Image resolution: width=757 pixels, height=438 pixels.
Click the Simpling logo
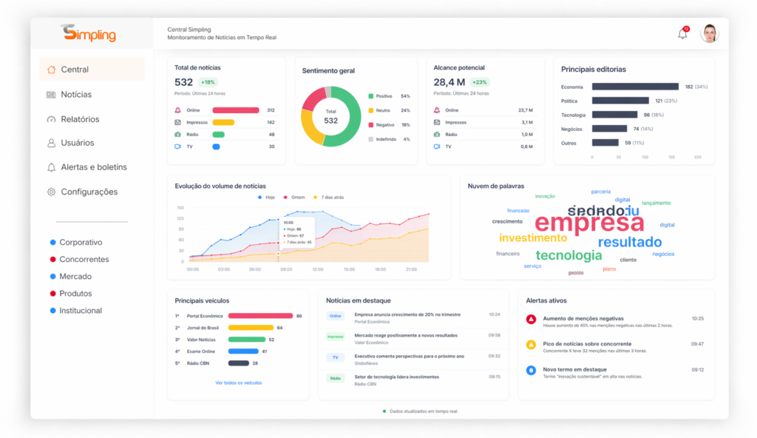89,34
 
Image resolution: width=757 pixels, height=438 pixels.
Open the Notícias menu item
75,95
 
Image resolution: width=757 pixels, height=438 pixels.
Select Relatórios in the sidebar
79,119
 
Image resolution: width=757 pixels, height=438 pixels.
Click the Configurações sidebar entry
88,192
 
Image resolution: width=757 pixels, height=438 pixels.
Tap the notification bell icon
682,33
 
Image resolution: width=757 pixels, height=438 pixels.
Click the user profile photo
710,33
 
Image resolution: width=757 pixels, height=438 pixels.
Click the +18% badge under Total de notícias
208,82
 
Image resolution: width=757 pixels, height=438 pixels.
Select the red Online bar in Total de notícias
236,110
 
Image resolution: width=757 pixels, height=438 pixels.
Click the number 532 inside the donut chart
330,121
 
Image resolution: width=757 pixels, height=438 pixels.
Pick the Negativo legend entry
383,125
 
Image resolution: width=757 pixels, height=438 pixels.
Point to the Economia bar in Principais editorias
635,87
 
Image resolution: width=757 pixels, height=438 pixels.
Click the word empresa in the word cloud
589,223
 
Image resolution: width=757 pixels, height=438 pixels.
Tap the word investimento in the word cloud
533,238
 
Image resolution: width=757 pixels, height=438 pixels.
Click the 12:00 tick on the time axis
318,269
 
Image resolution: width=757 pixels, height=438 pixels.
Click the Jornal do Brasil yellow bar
251,327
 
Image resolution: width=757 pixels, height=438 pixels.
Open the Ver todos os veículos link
238,383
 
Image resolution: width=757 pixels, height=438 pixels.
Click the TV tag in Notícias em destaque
335,357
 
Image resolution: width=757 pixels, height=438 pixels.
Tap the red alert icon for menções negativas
531,319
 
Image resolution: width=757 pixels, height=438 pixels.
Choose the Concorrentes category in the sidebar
84,260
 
